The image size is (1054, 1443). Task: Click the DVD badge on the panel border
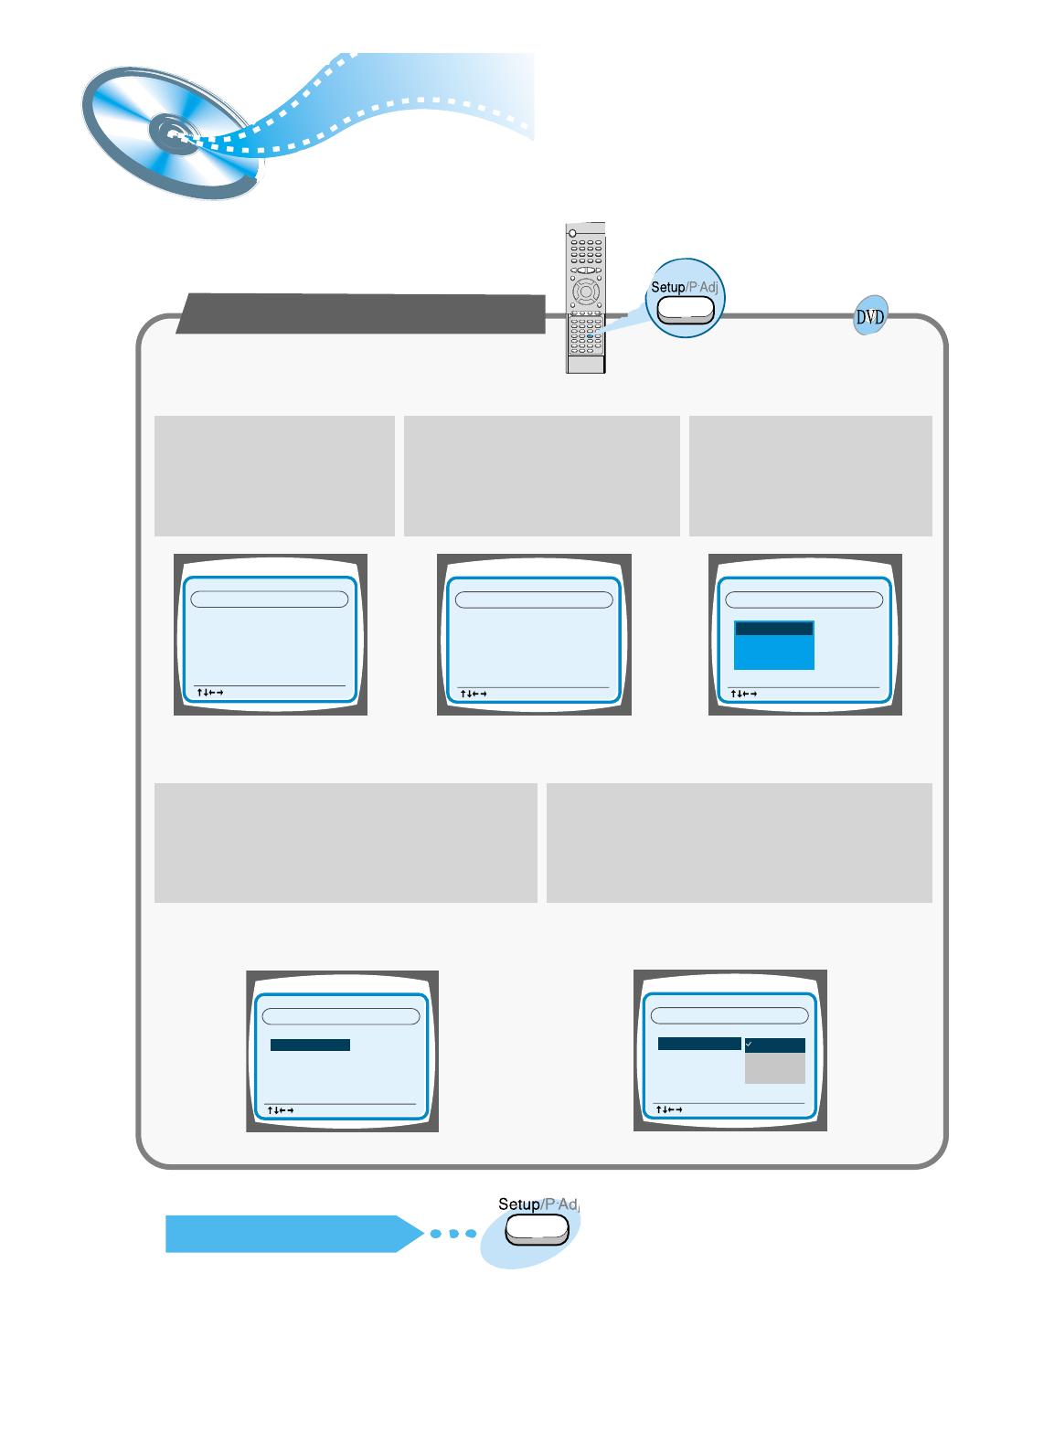[870, 316]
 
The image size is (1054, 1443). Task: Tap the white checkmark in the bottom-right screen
[749, 1044]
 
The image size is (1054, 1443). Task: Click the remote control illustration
[585, 297]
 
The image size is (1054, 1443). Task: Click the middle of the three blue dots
[453, 1234]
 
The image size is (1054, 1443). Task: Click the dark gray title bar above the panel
[361, 313]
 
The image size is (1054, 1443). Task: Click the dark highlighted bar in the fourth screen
[310, 1045]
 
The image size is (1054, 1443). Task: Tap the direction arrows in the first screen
[210, 693]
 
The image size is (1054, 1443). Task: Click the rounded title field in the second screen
[534, 599]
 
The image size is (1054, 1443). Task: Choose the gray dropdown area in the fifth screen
[775, 1068]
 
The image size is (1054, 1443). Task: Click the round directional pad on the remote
[585, 292]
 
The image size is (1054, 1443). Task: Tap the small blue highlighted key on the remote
[591, 336]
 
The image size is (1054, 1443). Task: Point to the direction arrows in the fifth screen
[669, 1109]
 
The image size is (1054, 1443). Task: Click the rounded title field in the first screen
[270, 599]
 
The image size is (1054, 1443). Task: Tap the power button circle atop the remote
[573, 233]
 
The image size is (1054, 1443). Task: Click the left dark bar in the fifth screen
[699, 1044]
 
